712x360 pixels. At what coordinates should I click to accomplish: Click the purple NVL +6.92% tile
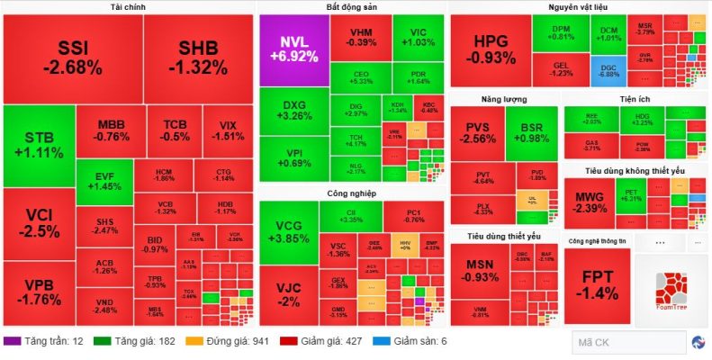click(293, 50)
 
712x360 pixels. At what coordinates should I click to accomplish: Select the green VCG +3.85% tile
click(288, 232)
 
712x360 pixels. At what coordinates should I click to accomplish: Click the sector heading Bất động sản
click(352, 7)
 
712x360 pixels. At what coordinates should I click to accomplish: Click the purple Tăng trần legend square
click(11, 342)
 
